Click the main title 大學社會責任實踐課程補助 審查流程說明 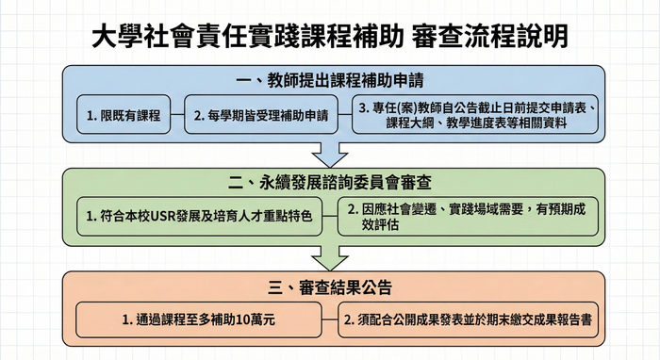coord(330,36)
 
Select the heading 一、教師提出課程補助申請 coord(330,79)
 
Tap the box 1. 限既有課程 coord(123,116)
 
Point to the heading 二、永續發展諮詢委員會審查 coord(330,180)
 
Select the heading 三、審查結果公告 coord(330,285)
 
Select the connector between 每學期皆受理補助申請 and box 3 coord(344,116)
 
